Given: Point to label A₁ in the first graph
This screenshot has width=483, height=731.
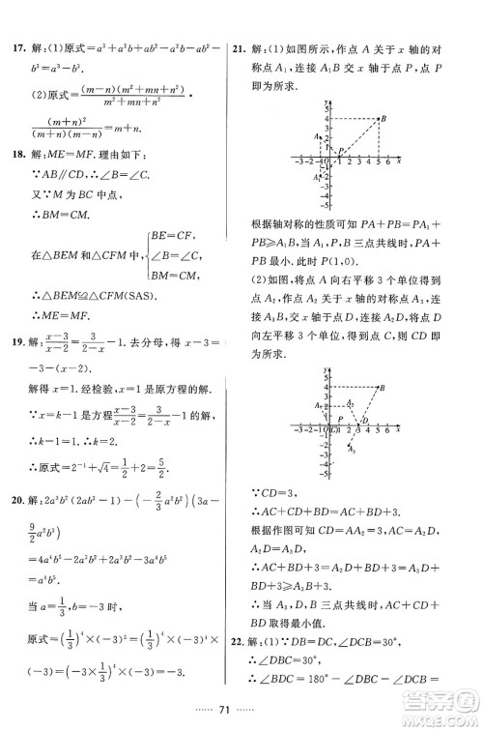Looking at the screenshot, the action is tap(316, 178).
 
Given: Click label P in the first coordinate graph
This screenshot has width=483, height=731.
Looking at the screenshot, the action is tap(338, 151).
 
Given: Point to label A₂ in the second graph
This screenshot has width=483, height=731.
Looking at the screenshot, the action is tap(317, 404).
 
